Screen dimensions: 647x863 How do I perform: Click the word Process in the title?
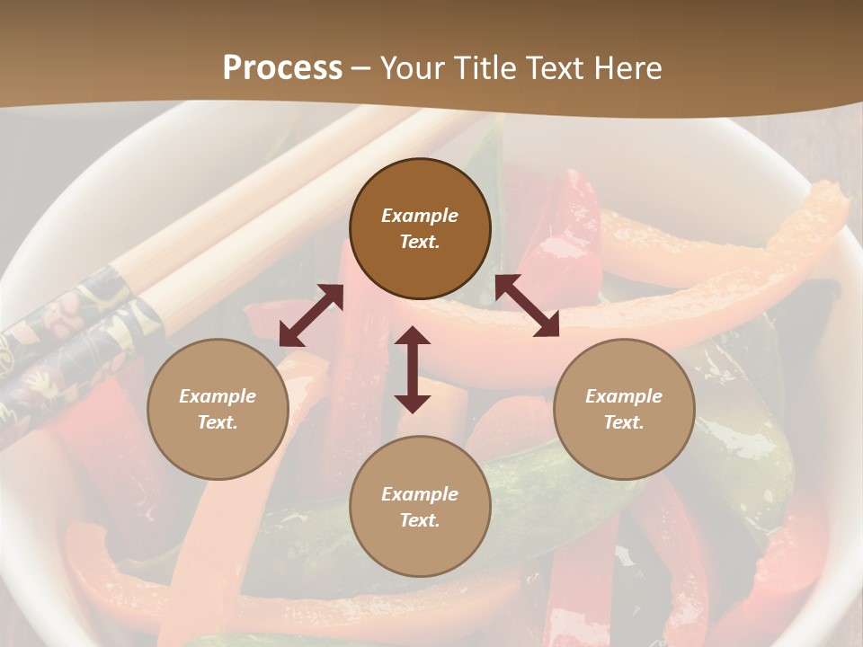[282, 67]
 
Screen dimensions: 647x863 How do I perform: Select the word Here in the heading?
[627, 67]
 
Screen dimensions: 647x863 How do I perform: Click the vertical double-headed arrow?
[413, 369]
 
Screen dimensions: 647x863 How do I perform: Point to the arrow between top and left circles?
[311, 315]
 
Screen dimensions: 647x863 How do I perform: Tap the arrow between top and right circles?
[527, 306]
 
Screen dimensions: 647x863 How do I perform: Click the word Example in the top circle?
[420, 216]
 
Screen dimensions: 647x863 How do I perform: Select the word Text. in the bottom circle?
[420, 520]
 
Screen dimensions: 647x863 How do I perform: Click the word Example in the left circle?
[218, 396]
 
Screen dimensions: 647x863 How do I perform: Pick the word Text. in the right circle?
[624, 422]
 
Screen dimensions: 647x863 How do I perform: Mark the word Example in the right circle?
[624, 396]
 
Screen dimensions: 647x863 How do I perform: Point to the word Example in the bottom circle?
[420, 494]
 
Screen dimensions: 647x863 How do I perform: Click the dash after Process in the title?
[361, 68]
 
